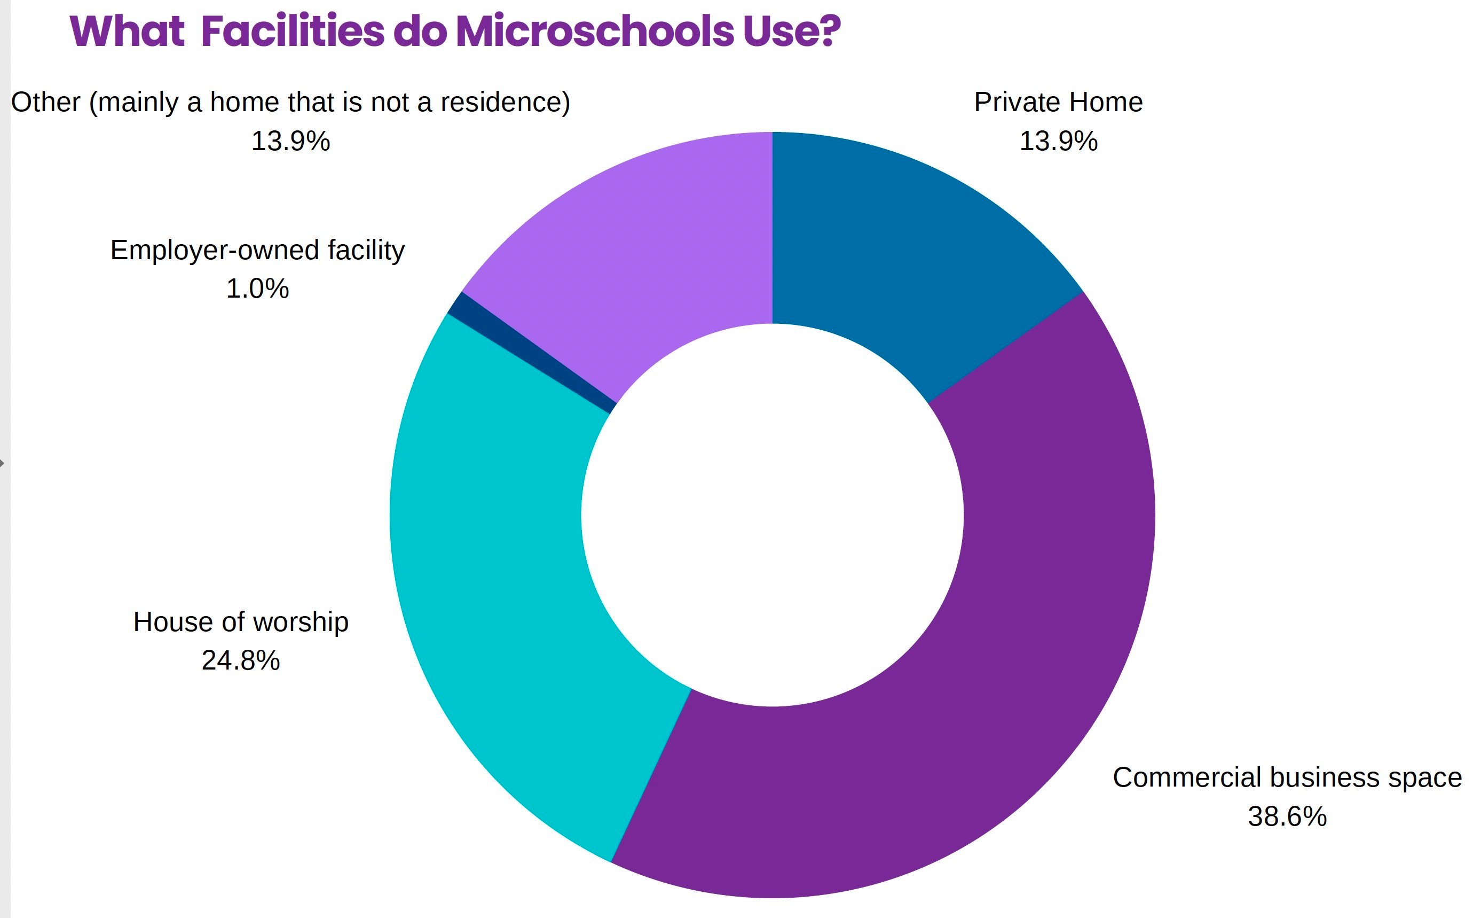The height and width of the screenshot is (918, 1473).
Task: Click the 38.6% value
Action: tap(1287, 816)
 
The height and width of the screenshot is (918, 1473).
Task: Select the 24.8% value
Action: tap(241, 660)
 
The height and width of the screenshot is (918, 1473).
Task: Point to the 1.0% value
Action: tap(257, 289)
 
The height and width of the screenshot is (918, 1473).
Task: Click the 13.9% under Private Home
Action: tap(1058, 142)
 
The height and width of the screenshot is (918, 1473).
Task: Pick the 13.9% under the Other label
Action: tap(290, 142)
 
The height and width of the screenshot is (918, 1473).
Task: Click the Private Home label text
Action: tap(1058, 102)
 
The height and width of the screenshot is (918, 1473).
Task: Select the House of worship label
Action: tap(241, 622)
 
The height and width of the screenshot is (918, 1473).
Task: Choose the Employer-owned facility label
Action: tap(257, 250)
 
